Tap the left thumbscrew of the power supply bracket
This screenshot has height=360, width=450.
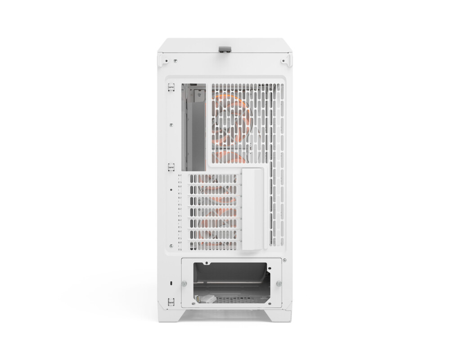tap(184, 283)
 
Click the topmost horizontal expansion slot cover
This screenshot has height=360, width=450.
tap(211, 179)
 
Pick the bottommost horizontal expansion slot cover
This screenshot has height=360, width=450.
tap(211, 245)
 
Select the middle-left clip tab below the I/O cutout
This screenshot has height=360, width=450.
tap(171, 167)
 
